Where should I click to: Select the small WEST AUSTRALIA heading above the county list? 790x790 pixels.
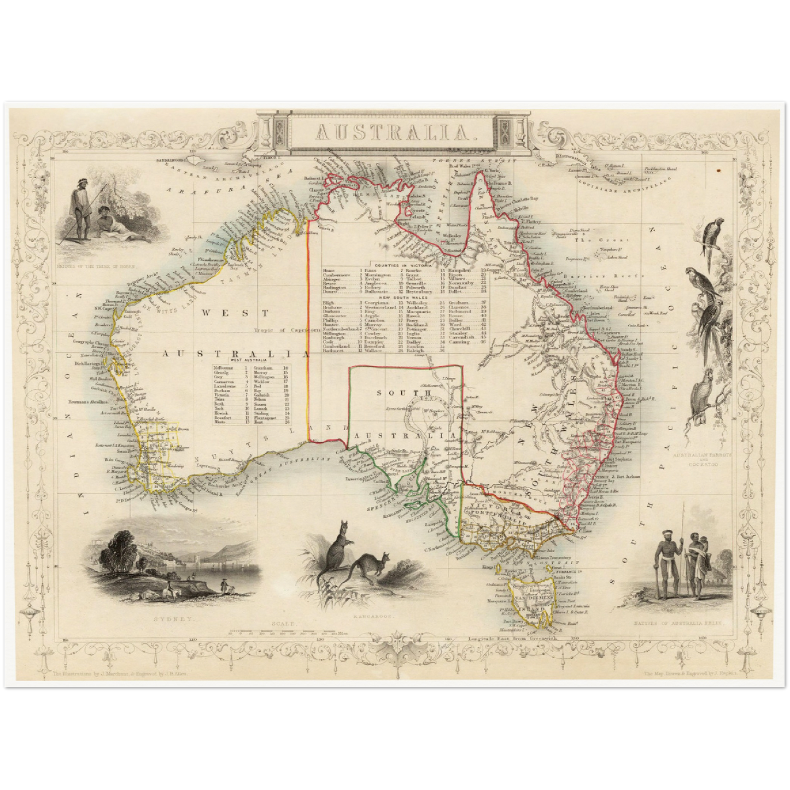click(251, 361)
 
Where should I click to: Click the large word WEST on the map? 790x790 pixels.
click(235, 313)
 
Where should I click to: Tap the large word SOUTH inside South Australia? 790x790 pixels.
click(405, 393)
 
